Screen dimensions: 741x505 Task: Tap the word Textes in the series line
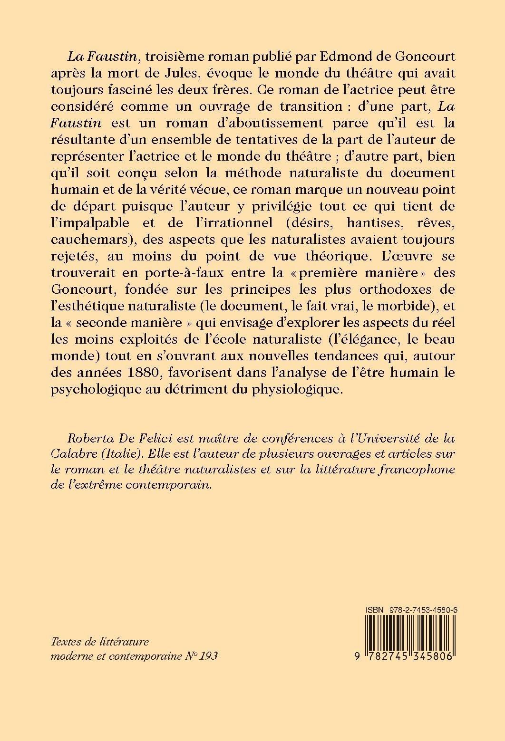(x=64, y=642)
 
